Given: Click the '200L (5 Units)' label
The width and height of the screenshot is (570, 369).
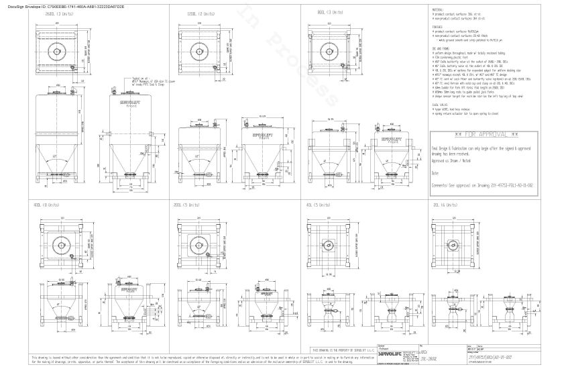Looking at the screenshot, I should (x=186, y=204).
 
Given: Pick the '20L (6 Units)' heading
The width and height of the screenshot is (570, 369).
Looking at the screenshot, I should (x=445, y=204).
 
